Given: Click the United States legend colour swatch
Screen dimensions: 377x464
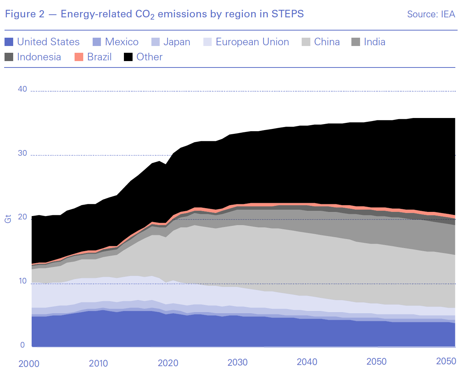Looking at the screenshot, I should coord(9,42).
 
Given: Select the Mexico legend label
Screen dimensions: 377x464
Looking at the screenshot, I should coord(122,42).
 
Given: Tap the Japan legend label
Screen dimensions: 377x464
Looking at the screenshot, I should coord(177,42).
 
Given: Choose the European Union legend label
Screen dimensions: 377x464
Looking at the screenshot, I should coord(252,42).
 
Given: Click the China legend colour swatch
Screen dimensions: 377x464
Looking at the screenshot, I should coord(306,42).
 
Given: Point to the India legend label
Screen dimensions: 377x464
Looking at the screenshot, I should coord(374,42).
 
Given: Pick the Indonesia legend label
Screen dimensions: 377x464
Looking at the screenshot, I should coord(39,57).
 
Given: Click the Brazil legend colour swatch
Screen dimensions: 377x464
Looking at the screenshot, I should coord(79,57).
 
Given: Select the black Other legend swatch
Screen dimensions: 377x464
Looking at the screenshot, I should coord(128,57).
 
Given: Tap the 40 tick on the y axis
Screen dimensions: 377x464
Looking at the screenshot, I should coord(23,89).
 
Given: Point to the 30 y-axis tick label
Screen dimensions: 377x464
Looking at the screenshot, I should coord(23,153).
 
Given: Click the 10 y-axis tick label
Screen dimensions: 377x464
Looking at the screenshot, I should coord(23,281).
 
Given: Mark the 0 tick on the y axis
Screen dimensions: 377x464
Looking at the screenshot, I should coord(23,345).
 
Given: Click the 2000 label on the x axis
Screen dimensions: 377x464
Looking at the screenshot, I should coord(29,363).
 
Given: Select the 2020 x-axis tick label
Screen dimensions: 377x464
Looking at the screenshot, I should coord(168,363).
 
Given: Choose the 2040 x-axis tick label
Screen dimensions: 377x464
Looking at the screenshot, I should coord(307,362).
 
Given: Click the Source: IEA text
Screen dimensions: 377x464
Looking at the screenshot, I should coord(431,14).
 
